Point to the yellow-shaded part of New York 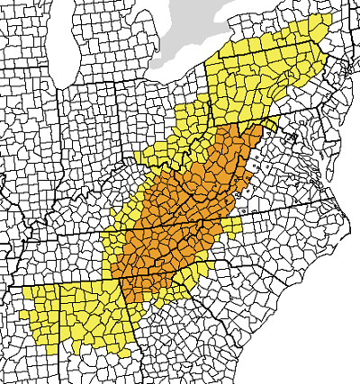pos(288,40)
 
